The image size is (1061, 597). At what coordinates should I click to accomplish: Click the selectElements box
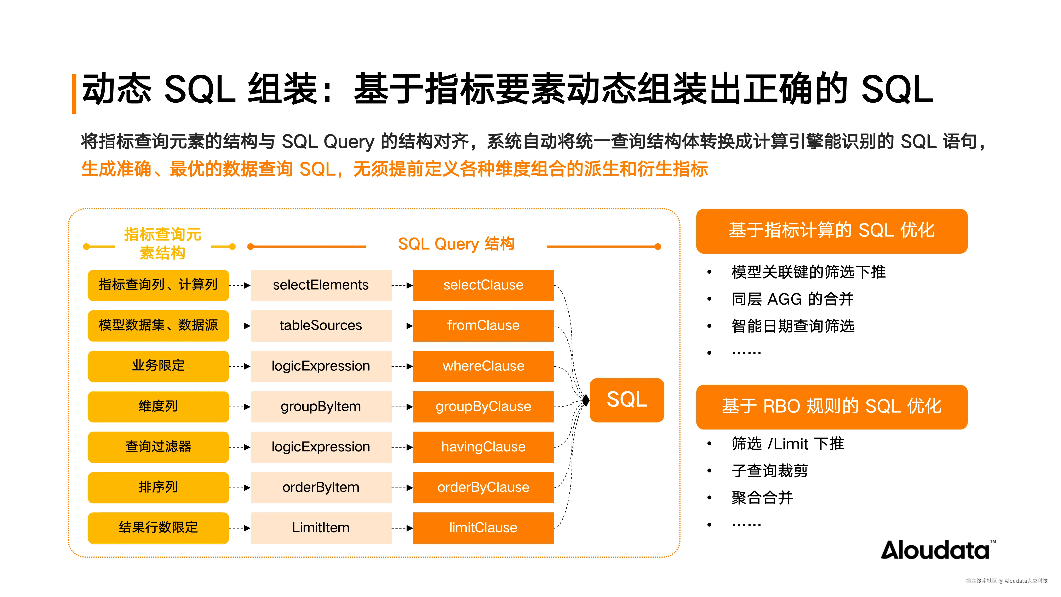321,285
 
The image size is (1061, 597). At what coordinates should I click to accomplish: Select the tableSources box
321,325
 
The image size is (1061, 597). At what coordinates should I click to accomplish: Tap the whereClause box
483,366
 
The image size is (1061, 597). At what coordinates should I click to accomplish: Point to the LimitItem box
321,528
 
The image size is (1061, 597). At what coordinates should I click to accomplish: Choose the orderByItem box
321,487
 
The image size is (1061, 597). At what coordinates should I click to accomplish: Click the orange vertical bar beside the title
74,94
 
